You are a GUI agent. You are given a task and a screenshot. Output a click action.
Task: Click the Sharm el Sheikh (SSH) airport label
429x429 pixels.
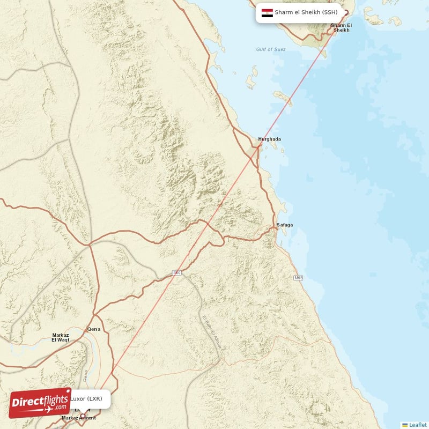point(306,12)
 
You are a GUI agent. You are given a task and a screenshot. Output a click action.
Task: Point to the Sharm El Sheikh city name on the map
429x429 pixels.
point(341,28)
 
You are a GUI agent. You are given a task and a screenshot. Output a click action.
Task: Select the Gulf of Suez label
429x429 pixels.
point(271,49)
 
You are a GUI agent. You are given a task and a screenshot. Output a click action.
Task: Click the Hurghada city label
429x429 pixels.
point(269,139)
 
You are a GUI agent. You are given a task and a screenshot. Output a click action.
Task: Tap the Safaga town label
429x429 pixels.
point(285,225)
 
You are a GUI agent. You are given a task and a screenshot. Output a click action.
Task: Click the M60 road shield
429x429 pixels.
point(176,273)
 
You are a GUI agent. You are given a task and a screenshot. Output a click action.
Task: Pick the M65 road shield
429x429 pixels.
point(299,278)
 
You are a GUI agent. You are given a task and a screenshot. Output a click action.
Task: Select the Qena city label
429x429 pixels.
point(94,329)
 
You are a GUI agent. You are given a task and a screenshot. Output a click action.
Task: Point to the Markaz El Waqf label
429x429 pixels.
point(61,337)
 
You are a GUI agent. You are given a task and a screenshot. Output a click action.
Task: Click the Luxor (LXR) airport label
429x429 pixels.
point(86,398)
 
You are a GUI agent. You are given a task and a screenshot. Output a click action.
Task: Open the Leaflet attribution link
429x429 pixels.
point(418,425)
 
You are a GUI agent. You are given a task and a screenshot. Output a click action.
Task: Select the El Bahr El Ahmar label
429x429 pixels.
point(211,333)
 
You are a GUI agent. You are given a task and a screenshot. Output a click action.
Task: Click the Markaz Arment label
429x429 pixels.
point(79,418)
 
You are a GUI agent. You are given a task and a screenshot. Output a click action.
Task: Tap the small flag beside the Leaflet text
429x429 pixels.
point(405,425)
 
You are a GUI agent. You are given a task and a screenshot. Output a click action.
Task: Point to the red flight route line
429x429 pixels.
point(214,214)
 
